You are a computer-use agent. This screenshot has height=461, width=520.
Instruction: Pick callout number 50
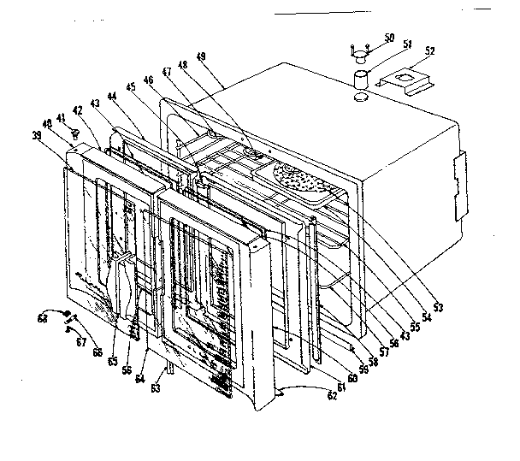[390, 39]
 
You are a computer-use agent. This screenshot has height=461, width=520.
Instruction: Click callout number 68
[42, 318]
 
